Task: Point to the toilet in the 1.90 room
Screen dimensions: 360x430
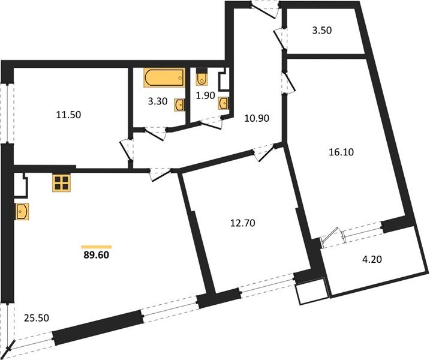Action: click(x=202, y=79)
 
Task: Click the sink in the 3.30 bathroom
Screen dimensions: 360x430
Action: click(x=179, y=105)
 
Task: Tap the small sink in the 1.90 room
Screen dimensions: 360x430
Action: click(x=224, y=103)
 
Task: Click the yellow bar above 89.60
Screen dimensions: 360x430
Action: click(x=97, y=245)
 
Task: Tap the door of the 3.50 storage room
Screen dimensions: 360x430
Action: click(x=279, y=38)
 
